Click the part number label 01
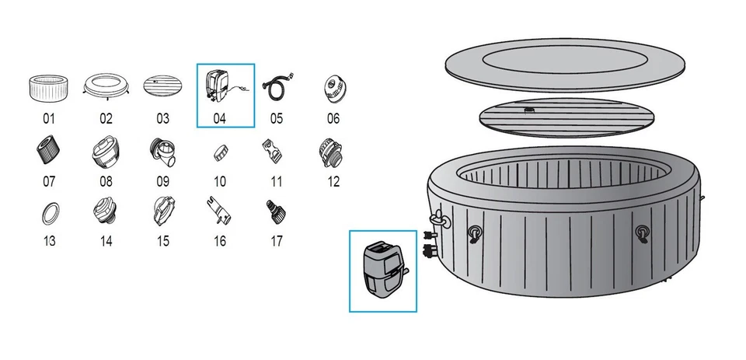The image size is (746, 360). coord(49,119)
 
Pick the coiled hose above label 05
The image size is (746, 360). coord(277,86)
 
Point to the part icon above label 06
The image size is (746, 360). coord(333,87)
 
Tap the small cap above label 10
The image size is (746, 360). coord(220,152)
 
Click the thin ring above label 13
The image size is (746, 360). coord(49,211)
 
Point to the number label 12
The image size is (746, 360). coord(333,181)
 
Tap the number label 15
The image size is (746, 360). coord(162,241)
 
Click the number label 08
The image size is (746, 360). coord(106,181)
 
